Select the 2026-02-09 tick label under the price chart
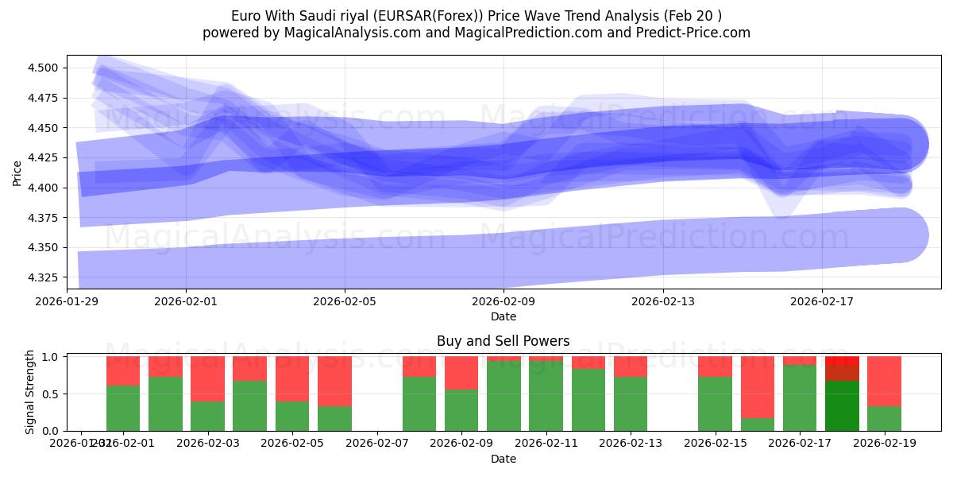[504, 301]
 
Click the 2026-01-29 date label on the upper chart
[67, 301]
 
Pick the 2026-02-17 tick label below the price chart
[821, 301]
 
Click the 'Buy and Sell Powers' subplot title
[503, 341]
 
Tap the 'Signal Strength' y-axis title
[29, 392]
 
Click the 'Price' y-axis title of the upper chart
[17, 172]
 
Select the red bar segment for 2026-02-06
[334, 381]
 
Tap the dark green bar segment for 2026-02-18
[842, 405]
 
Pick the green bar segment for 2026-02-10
[504, 395]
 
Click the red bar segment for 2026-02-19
[884, 381]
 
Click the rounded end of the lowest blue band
[901, 235]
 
